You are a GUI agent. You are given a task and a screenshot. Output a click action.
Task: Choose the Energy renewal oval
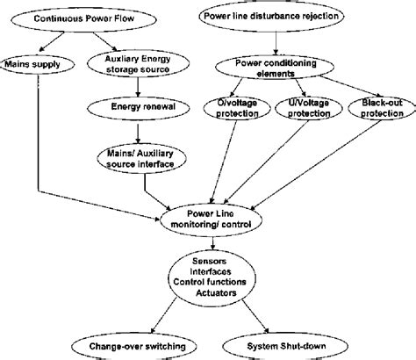pyautogui.click(x=137, y=108)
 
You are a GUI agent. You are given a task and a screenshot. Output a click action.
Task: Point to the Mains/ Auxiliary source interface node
pyautogui.click(x=138, y=158)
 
